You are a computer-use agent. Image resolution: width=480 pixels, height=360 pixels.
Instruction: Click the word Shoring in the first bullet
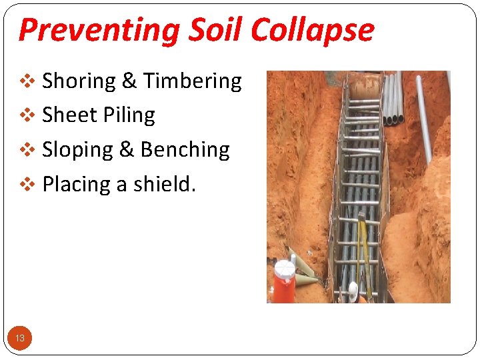coord(79,81)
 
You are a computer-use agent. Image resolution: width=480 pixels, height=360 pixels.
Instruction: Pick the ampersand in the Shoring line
coord(129,81)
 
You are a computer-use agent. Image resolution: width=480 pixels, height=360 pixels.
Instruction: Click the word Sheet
coord(67,115)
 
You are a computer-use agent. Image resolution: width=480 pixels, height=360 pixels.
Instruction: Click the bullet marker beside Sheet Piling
coord(27,116)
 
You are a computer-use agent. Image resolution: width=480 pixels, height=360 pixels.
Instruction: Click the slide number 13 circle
coord(20,338)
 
